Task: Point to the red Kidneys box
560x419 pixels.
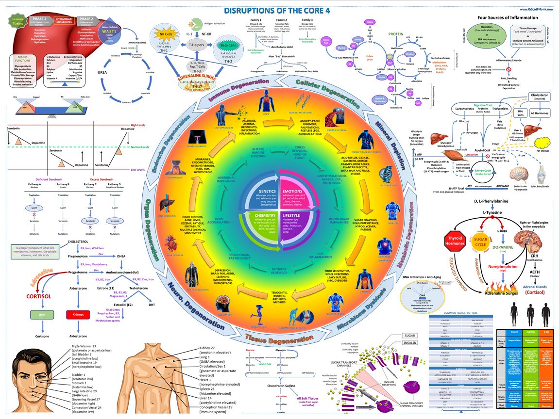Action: (79, 315)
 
